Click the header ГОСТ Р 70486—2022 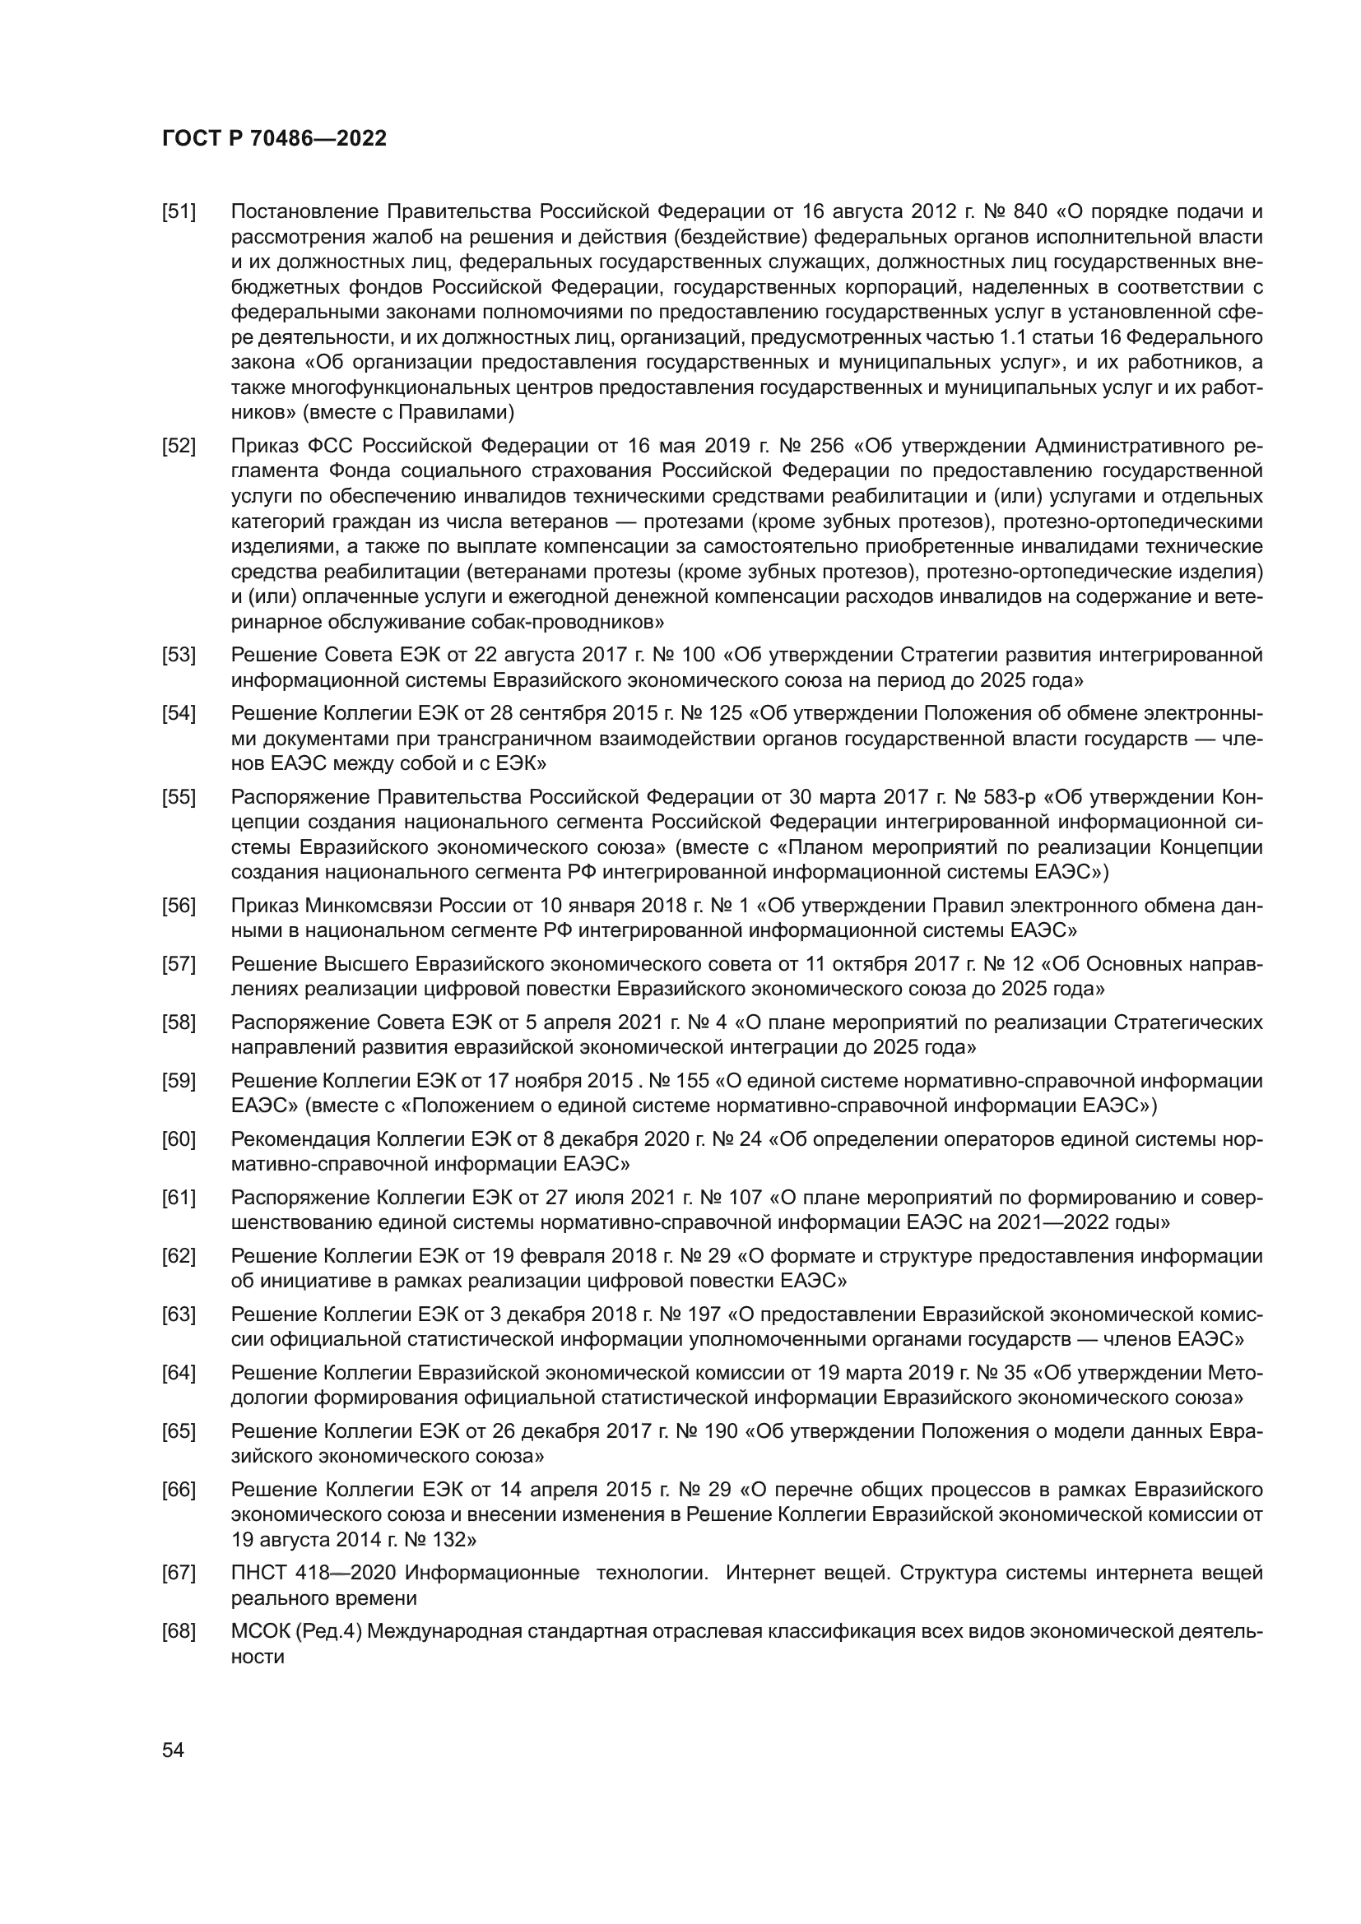(274, 139)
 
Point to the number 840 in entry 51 (1030, 211)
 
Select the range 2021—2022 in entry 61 (1053, 1222)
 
